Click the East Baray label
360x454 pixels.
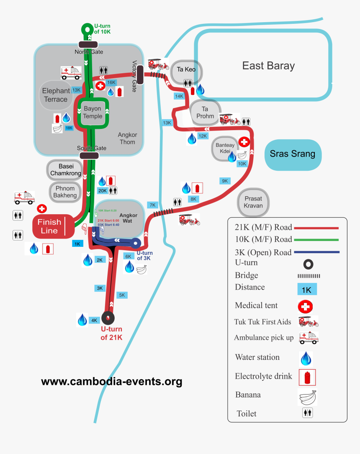click(268, 66)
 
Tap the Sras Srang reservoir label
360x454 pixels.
click(293, 154)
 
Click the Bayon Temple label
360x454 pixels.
click(93, 113)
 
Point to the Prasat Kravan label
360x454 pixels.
click(254, 202)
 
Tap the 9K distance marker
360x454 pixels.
click(225, 181)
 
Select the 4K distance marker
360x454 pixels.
click(94, 321)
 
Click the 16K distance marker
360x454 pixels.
click(111, 83)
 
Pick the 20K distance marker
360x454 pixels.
click(103, 191)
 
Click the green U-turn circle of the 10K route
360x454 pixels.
click(87, 30)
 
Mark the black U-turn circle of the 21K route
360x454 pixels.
click(108, 318)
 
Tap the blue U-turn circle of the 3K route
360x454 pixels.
click(136, 243)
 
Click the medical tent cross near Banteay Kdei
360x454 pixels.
click(244, 142)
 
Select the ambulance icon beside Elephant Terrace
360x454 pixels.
click(71, 73)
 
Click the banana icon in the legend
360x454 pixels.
click(307, 396)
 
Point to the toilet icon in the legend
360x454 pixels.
click(308, 413)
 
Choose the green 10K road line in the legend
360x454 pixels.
click(316, 240)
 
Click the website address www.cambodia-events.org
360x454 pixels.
click(111, 382)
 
